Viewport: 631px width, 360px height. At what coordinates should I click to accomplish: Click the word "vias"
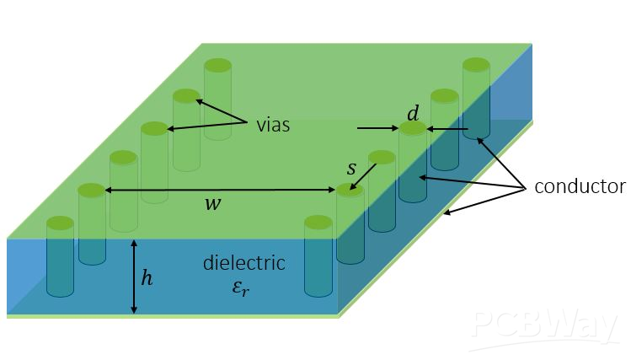(x=273, y=126)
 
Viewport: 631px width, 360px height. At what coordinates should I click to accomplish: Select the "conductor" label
(x=580, y=186)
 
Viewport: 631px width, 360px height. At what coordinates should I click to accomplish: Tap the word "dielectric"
(x=243, y=263)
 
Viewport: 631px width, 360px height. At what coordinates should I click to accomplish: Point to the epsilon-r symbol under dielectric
(x=241, y=288)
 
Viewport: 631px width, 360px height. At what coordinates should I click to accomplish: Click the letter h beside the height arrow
(x=147, y=278)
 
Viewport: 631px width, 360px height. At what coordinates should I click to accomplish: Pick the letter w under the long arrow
(x=213, y=204)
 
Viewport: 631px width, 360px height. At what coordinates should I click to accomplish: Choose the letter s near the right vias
(x=351, y=169)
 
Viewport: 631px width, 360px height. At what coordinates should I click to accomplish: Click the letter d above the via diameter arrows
(x=413, y=113)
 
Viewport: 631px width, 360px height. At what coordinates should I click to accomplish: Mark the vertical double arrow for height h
(x=134, y=277)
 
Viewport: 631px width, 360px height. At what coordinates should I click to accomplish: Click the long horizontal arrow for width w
(x=220, y=190)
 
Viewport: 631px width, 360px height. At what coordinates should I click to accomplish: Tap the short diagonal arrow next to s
(x=362, y=176)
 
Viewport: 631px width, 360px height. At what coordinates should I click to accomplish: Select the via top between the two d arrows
(x=413, y=128)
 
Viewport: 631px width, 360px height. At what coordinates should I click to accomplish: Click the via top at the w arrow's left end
(x=91, y=190)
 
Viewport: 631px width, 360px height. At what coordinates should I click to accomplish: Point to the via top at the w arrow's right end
(x=350, y=190)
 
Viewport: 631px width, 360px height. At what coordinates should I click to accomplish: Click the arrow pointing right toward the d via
(x=378, y=128)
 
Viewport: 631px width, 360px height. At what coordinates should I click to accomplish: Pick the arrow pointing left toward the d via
(x=447, y=129)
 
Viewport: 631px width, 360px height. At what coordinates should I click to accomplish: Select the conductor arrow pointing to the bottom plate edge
(x=484, y=201)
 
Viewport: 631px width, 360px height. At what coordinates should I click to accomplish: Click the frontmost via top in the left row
(x=61, y=223)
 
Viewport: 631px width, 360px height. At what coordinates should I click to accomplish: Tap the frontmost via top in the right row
(x=318, y=223)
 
